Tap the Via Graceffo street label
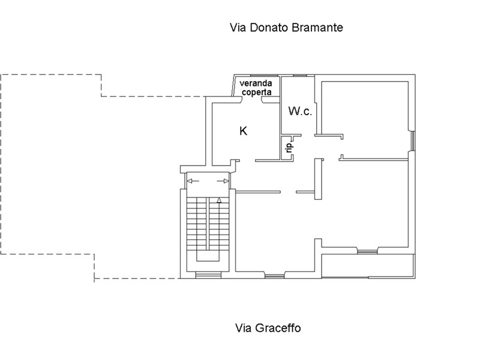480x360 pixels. (268, 328)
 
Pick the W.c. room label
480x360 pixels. (300, 111)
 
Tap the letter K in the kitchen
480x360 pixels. (243, 130)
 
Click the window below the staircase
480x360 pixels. (208, 275)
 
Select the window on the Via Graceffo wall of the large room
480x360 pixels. (275, 275)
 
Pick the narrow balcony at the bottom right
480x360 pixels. (368, 265)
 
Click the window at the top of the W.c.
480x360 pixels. (300, 75)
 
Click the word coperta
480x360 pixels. (257, 92)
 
